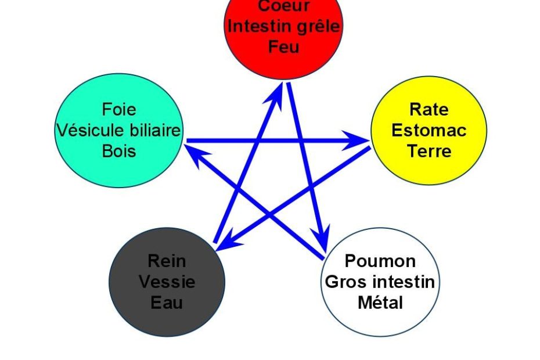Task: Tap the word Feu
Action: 283,47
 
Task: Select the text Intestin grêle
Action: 284,27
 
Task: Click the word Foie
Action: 119,110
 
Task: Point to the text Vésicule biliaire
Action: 118,130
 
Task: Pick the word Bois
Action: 119,151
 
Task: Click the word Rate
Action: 429,110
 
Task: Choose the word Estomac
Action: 429,130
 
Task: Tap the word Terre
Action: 429,151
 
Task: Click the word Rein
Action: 167,261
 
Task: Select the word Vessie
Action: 167,282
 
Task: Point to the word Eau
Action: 167,303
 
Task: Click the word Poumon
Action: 380,261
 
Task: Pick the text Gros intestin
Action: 380,282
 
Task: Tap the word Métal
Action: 380,303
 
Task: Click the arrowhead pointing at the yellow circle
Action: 356,140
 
